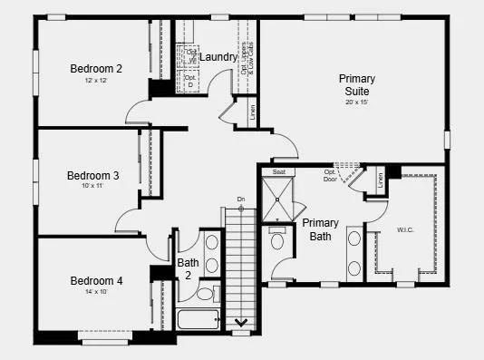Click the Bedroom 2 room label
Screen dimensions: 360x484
click(96, 68)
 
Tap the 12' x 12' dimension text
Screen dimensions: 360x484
click(96, 81)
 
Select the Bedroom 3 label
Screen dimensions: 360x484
click(92, 175)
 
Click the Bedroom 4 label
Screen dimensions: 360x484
click(96, 280)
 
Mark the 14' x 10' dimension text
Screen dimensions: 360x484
click(96, 293)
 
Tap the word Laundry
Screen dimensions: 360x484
click(218, 57)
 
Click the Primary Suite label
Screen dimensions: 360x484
click(356, 85)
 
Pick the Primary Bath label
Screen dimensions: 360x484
click(320, 229)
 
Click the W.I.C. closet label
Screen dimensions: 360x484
click(405, 229)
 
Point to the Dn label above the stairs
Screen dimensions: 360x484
click(241, 199)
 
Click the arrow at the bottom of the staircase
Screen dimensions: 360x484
click(242, 322)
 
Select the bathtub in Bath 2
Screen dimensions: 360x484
click(198, 320)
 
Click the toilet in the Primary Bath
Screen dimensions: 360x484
click(278, 239)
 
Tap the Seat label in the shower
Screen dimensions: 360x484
click(279, 171)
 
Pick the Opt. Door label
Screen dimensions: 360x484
click(330, 175)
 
